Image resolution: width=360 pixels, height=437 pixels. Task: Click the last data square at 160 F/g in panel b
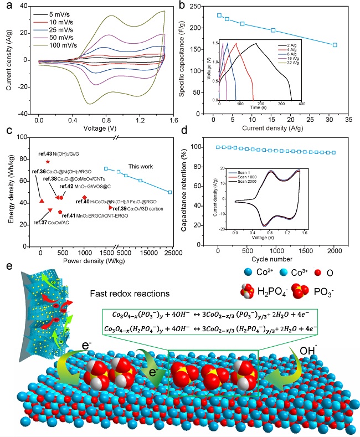(x=335, y=45)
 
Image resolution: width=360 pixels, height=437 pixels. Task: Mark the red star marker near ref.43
(x=48, y=161)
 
